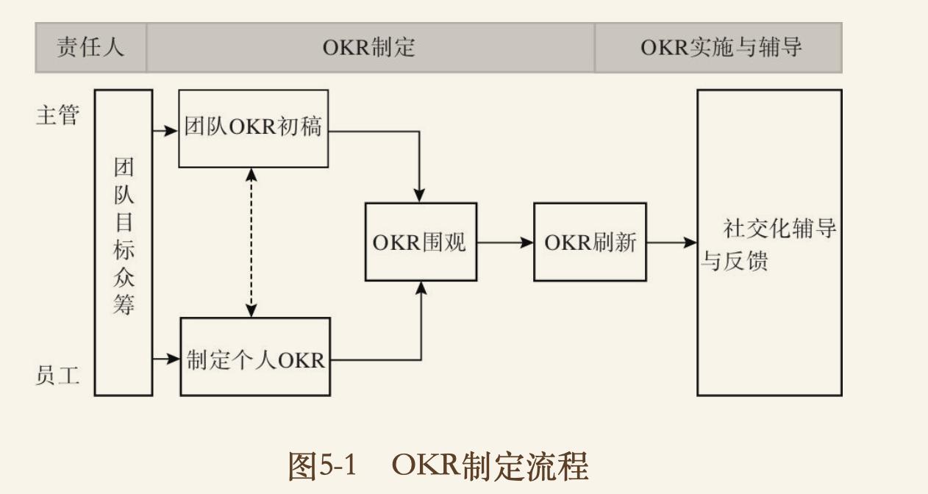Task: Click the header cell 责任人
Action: tap(90, 48)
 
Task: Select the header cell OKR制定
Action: tap(369, 48)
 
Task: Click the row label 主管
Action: tap(57, 115)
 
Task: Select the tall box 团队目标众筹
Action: tap(124, 243)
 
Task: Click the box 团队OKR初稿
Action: tap(253, 128)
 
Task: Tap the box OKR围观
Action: tap(421, 242)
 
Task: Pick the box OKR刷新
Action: tap(590, 242)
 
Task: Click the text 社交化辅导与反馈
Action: tap(768, 244)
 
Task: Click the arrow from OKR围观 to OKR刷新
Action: tap(504, 242)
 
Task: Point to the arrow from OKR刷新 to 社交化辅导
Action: tap(671, 242)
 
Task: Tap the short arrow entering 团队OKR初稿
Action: tap(166, 131)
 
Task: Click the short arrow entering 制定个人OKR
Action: tap(167, 359)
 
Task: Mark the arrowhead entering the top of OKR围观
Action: tap(420, 196)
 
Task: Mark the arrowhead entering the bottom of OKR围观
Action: tap(421, 288)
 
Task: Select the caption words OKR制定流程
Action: tap(490, 466)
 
